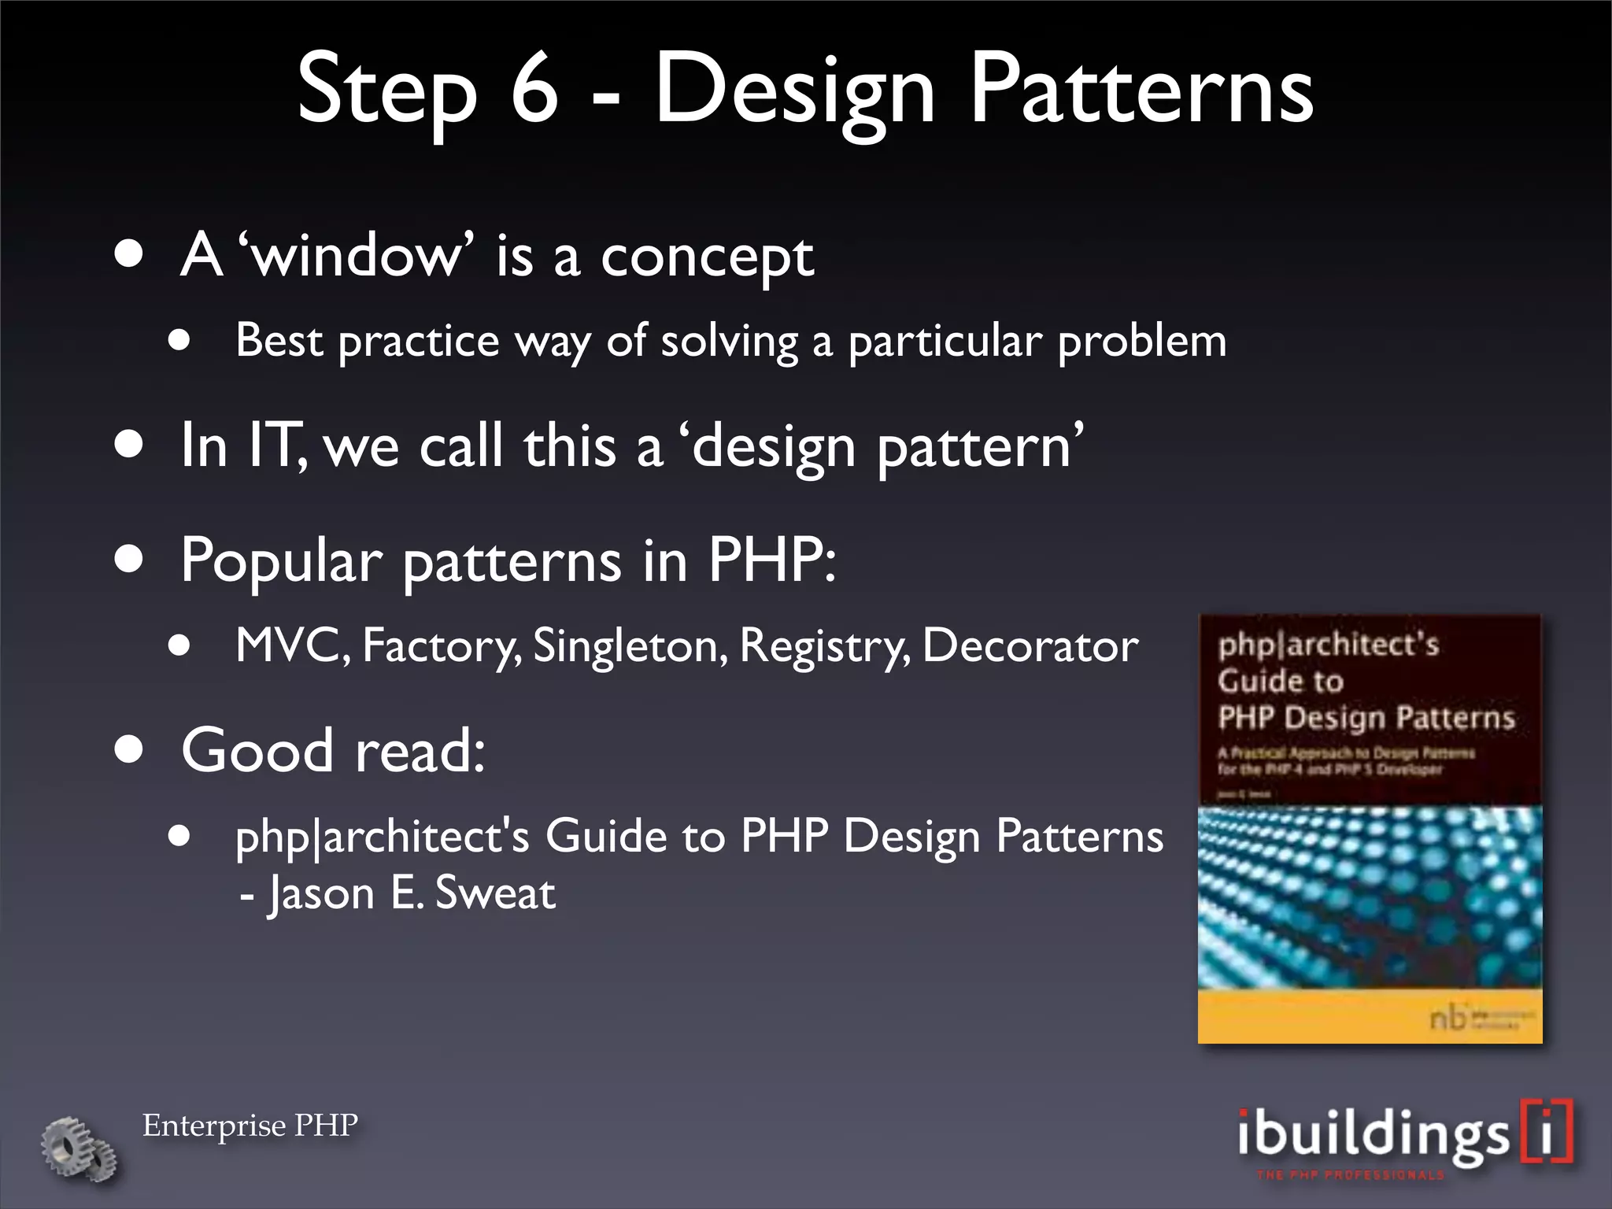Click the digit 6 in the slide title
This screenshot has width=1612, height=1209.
[x=534, y=88]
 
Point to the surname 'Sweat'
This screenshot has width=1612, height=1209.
[x=495, y=893]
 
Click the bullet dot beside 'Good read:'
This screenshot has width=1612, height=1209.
[x=128, y=750]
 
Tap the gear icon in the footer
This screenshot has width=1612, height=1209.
[x=78, y=1148]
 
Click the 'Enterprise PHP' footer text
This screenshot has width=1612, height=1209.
[x=250, y=1126]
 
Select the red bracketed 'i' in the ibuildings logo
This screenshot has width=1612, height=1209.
[x=1547, y=1132]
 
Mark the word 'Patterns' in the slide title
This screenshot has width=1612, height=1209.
[x=1141, y=88]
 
